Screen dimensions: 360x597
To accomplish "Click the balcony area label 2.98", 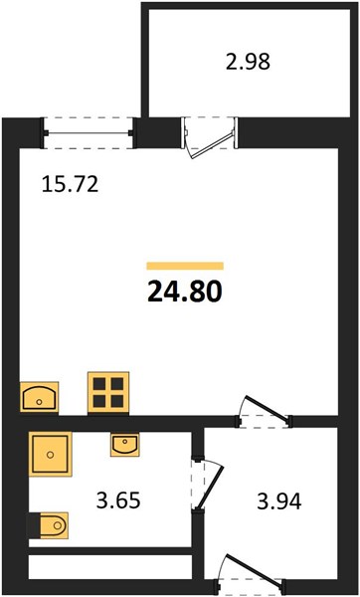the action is pos(248,62).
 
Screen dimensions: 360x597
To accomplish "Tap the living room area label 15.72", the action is pos(70,185).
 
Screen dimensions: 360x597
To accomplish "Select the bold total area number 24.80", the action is pos(185,292).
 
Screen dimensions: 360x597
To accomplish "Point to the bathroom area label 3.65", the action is pos(118,500).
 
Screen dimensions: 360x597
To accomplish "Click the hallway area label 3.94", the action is pos(279,501).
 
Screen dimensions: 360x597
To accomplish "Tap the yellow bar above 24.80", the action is pos(185,266).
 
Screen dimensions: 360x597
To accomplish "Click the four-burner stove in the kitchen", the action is pos(108,393).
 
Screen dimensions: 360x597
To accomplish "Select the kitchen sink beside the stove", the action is pos(39,397).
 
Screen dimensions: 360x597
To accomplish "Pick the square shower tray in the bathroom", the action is pos(51,454).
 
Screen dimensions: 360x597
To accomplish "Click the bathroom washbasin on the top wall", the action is pos(125,445).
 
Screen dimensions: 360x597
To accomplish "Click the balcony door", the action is pos(209,137).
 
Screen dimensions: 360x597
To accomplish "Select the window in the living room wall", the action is pos(89,133).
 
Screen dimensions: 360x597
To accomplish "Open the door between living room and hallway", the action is pos(264,412).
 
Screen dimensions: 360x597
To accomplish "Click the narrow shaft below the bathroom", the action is pos(110,567).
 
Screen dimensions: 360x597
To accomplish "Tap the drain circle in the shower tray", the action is pos(51,455).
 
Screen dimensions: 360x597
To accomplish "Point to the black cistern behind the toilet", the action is pos(34,525).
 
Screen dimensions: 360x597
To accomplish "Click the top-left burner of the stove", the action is pos(99,384).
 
